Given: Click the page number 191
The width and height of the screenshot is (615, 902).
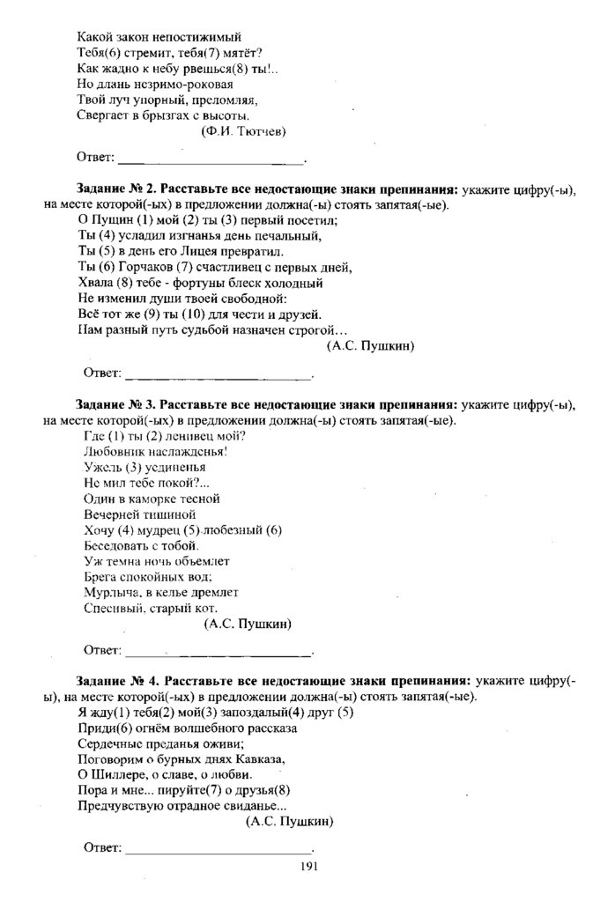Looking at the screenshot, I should click(307, 866).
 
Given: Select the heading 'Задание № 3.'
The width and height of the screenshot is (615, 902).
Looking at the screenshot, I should click(117, 405).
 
